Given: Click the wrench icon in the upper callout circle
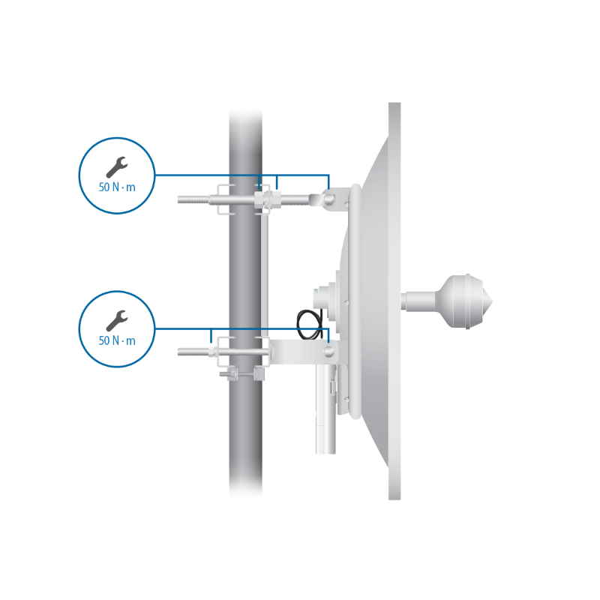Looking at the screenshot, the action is click(x=117, y=167).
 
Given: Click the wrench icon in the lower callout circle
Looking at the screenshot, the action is click(x=117, y=321).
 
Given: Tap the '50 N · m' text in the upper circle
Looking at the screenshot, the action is click(x=117, y=187).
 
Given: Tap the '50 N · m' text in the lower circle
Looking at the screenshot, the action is click(x=117, y=340).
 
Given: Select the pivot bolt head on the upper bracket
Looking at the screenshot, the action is click(x=328, y=199).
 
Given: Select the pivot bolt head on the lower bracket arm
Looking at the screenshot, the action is click(x=328, y=351).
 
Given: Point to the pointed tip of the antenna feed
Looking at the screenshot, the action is click(x=492, y=302).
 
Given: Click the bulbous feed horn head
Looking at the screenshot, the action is click(x=463, y=301).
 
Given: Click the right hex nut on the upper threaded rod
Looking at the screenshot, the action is click(x=276, y=199).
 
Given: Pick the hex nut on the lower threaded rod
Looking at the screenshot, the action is click(x=211, y=352).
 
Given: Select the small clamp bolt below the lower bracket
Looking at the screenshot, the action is click(x=230, y=373).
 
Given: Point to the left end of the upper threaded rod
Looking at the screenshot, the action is click(x=178, y=199).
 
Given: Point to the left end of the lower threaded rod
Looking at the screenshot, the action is click(x=178, y=352).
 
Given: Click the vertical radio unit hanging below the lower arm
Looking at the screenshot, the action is click(x=325, y=409).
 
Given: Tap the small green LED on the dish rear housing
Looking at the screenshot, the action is click(x=315, y=290).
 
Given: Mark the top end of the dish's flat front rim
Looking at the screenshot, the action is click(x=394, y=103).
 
